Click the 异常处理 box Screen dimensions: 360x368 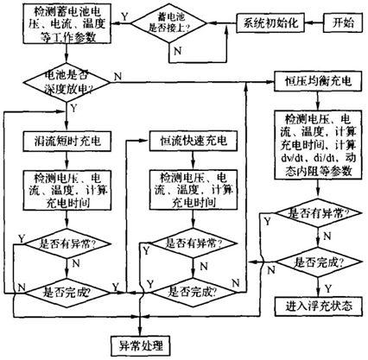point(143,345)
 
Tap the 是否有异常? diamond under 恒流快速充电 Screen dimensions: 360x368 point(191,244)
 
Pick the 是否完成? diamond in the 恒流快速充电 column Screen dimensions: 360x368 point(191,292)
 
